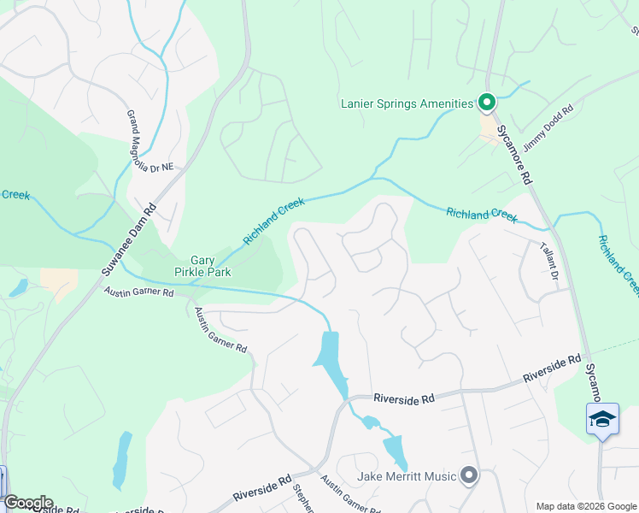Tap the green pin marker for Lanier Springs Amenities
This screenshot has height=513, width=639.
487,103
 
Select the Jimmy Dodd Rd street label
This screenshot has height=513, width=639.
548,131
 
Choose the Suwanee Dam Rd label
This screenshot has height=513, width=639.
129,239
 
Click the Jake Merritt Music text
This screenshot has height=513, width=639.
407,475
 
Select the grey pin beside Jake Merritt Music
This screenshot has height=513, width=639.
468,475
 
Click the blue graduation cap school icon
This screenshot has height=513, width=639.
602,420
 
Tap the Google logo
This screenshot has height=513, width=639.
27,503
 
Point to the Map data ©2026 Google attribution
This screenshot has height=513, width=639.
585,506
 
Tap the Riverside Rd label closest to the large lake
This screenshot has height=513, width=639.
404,398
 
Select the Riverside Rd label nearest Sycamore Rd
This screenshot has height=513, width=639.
552,369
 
